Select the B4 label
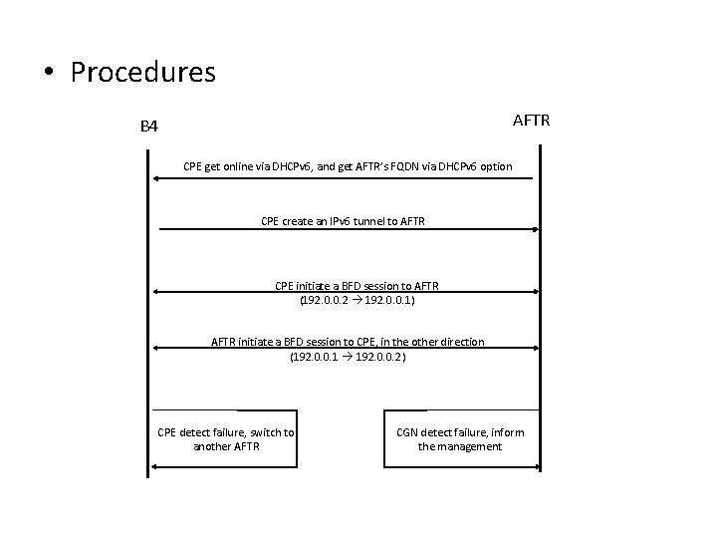pos(148,127)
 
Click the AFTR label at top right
pos(538,122)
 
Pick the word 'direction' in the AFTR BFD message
pos(459,342)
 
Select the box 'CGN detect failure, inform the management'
pos(461,438)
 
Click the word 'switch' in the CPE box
pos(264,431)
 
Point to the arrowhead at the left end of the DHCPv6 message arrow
pos(156,179)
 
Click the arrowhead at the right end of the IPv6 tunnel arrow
pos(536,229)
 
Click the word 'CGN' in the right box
pos(408,431)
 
